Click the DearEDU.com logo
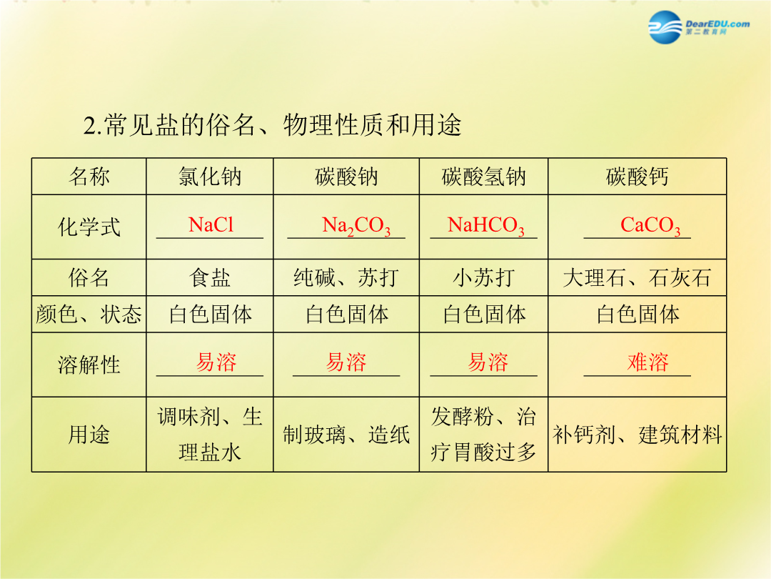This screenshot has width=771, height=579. [x=699, y=27]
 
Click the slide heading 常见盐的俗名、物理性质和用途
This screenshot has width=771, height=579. [x=273, y=125]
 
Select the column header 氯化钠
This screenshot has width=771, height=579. [x=210, y=177]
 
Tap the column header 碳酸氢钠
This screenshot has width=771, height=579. [x=484, y=177]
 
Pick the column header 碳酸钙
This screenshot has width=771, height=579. [x=638, y=177]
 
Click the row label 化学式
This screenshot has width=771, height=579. [x=89, y=227]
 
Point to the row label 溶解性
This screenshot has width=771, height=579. [x=89, y=365]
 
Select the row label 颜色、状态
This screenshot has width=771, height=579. [x=89, y=314]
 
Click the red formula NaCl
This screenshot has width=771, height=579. [x=211, y=225]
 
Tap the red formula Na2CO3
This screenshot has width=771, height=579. [x=356, y=227]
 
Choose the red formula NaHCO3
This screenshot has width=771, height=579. [x=486, y=227]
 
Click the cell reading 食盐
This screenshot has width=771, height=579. [x=210, y=277]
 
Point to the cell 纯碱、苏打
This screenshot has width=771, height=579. [x=346, y=277]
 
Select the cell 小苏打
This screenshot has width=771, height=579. [x=484, y=277]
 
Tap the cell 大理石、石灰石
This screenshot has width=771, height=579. [x=638, y=277]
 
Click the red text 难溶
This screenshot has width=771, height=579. [x=648, y=362]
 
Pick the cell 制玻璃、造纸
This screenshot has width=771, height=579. [x=346, y=435]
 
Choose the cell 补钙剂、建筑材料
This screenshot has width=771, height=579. [x=638, y=435]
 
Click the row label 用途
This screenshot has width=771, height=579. [x=89, y=435]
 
